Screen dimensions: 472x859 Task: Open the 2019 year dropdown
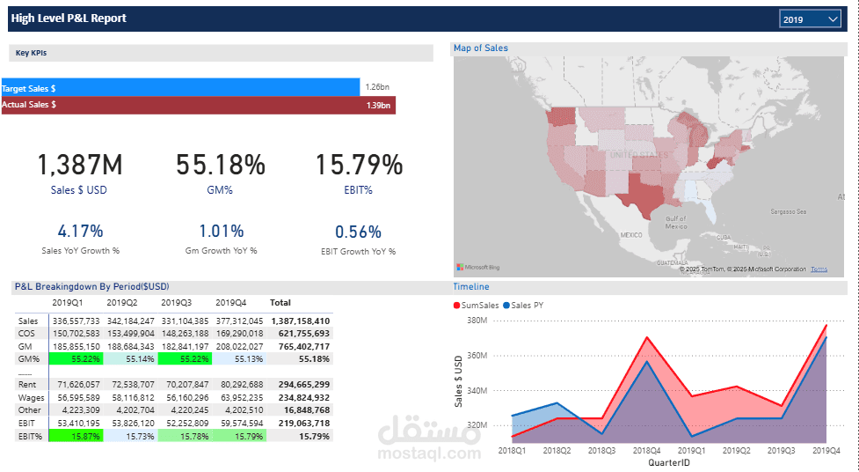pos(810,18)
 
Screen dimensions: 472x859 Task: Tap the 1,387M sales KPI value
pos(80,165)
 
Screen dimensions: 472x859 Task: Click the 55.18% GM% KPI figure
pos(221,165)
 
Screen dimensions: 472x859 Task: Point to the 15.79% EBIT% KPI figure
pos(359,165)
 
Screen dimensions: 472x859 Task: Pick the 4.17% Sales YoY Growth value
pos(80,232)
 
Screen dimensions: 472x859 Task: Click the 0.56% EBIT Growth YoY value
pos(358,232)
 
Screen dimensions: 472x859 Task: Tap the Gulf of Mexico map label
pos(675,222)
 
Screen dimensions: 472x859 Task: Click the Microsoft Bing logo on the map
pos(477,267)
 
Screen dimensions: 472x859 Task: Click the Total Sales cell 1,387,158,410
pos(301,321)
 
